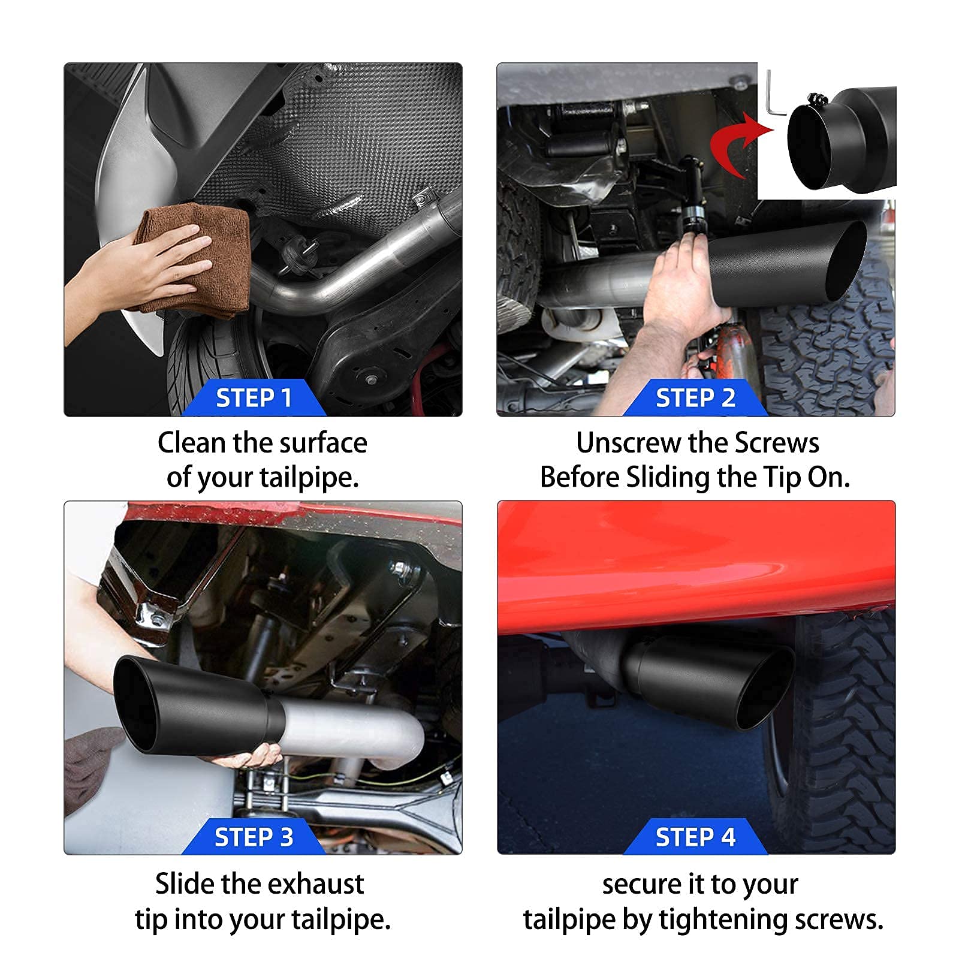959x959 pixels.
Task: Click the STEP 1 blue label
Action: [254, 397]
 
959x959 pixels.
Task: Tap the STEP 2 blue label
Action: [695, 397]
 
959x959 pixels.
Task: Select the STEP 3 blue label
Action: [254, 836]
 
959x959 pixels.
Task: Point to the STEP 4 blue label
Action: [695, 836]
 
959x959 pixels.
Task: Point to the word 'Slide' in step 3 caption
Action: [185, 883]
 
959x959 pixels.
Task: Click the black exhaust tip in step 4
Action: [713, 683]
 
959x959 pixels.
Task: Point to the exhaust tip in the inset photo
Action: [842, 138]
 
